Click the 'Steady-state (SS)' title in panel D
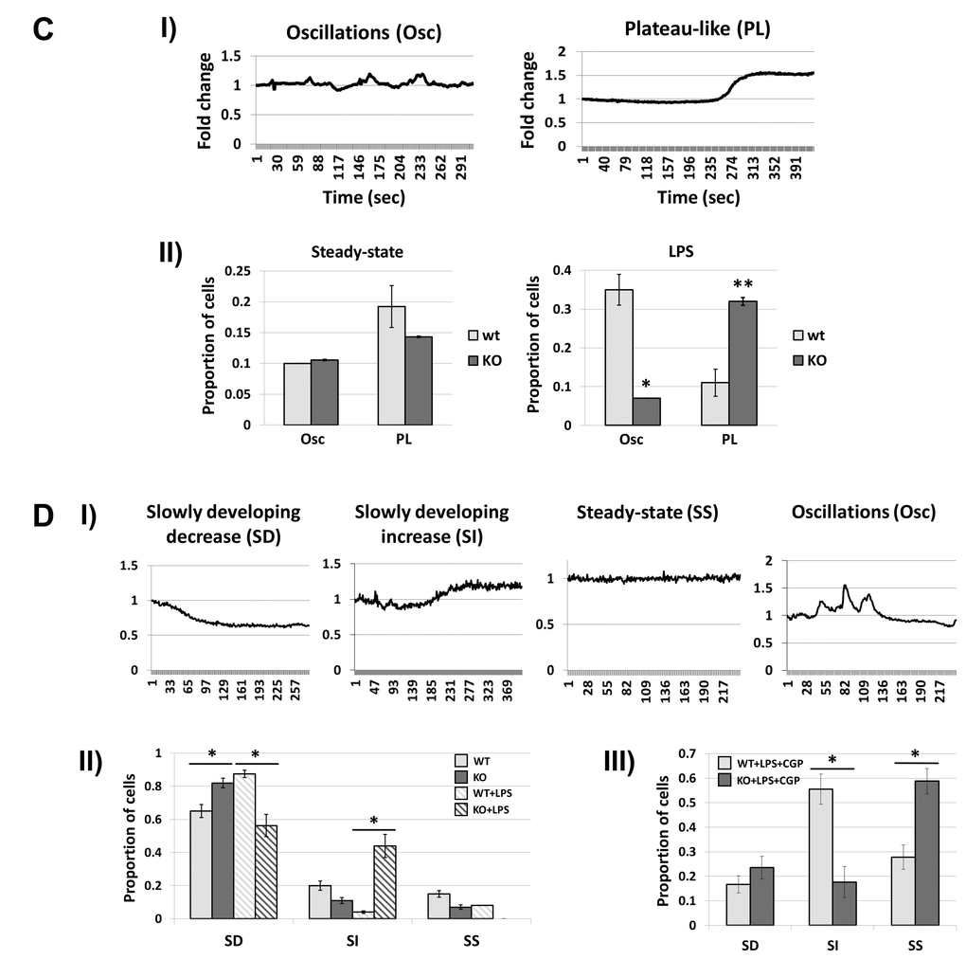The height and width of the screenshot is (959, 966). [646, 513]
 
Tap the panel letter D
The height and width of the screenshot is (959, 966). [43, 516]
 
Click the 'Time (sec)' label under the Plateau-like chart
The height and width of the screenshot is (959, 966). [699, 199]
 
